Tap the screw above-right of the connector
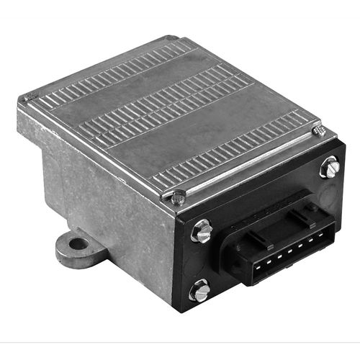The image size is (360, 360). pos(330,168)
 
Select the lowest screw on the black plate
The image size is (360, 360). pos(199,291)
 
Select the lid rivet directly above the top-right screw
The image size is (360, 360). pos(320,131)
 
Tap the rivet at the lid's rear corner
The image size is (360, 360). pos(168,39)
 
